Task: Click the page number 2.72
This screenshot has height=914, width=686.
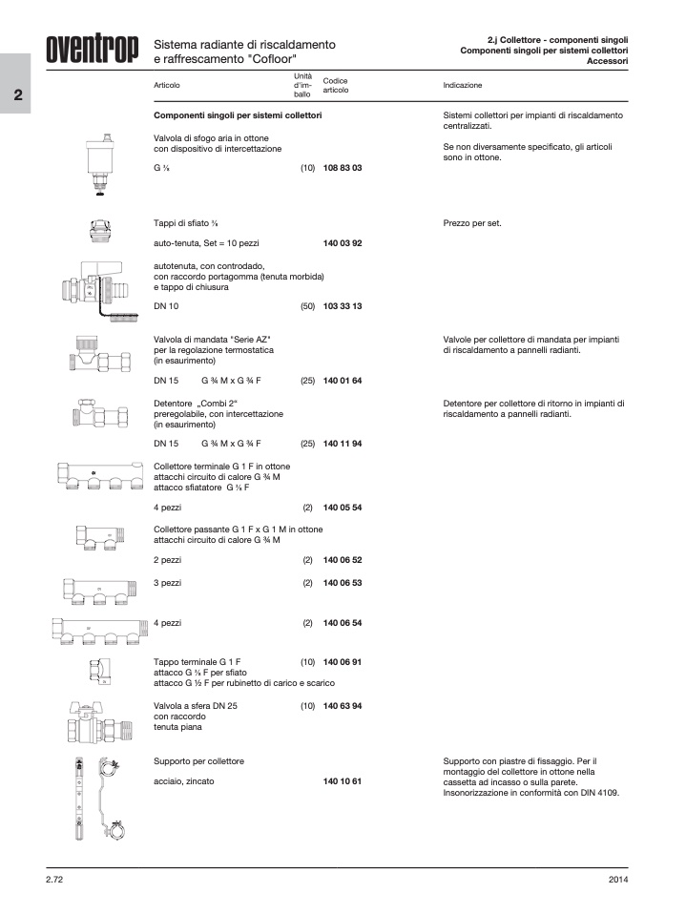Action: [54, 879]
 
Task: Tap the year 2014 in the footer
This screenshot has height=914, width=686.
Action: [617, 879]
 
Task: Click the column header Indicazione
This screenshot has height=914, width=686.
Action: [463, 85]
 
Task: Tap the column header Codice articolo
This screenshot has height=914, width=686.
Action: [336, 85]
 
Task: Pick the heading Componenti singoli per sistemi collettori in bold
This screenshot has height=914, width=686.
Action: [238, 115]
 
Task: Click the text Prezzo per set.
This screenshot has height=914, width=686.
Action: [472, 223]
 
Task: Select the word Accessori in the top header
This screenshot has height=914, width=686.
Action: [607, 60]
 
